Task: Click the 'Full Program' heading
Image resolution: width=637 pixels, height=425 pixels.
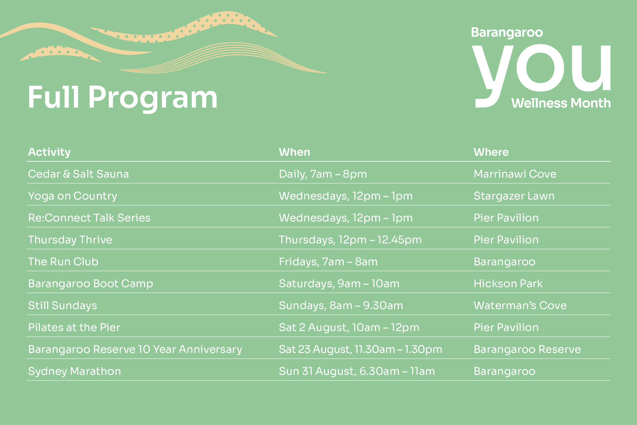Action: pyautogui.click(x=123, y=98)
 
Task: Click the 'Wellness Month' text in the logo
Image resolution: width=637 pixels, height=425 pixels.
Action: pyautogui.click(x=561, y=103)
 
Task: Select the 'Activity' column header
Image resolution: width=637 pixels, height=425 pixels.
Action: pyautogui.click(x=49, y=152)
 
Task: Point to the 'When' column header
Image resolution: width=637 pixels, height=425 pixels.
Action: pyautogui.click(x=295, y=152)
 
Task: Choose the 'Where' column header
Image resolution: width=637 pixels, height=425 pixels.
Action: pyautogui.click(x=491, y=152)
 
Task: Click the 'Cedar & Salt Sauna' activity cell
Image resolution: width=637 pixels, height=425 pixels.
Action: pyautogui.click(x=78, y=174)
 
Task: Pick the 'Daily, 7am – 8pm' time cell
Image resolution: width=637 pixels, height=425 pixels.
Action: pyautogui.click(x=323, y=174)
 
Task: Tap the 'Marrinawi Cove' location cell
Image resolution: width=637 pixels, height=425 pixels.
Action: pyautogui.click(x=515, y=174)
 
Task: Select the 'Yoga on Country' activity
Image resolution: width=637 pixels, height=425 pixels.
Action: pyautogui.click(x=73, y=196)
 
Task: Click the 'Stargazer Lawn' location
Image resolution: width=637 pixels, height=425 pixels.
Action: pyautogui.click(x=514, y=196)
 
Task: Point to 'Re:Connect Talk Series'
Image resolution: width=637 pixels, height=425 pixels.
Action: pyautogui.click(x=89, y=218)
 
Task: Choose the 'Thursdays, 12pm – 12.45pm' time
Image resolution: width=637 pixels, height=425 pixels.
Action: pyautogui.click(x=350, y=240)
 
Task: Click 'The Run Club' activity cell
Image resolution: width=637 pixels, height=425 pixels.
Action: pyautogui.click(x=63, y=262)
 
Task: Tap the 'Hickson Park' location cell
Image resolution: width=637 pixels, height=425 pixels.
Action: pyautogui.click(x=508, y=284)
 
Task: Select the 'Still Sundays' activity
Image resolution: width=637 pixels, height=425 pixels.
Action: pyautogui.click(x=62, y=306)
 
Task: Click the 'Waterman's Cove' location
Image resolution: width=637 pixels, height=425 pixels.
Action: pyautogui.click(x=520, y=305)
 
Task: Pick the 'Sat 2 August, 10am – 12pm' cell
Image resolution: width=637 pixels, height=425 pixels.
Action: pyautogui.click(x=349, y=328)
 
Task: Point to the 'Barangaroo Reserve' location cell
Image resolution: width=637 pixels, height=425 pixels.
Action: pyautogui.click(x=527, y=349)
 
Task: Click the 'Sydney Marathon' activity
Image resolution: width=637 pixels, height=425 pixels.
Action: pyautogui.click(x=75, y=372)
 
